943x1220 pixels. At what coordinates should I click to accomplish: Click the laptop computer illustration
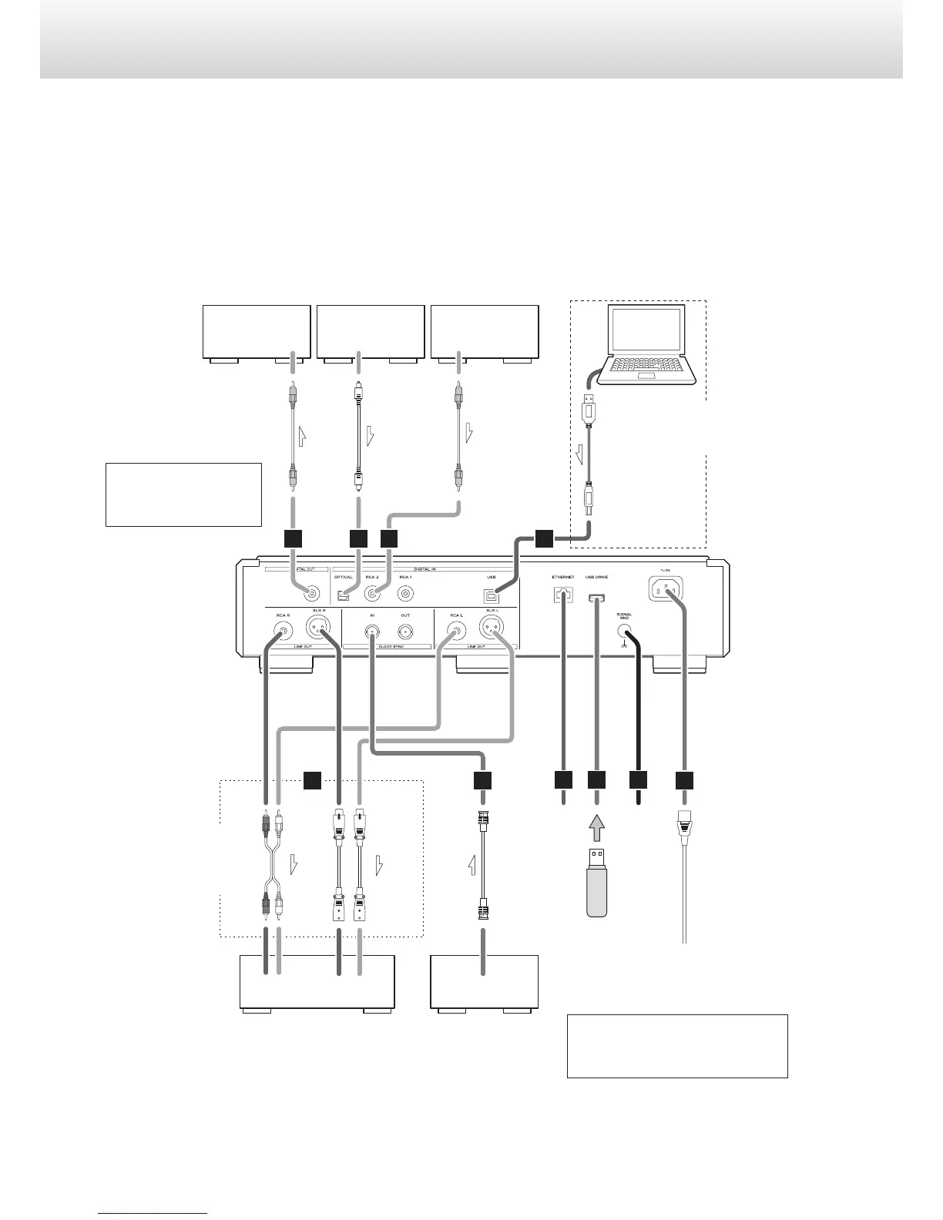point(651,344)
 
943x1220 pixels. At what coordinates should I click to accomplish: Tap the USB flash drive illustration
point(597,882)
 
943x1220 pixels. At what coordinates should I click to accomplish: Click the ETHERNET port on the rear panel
point(563,595)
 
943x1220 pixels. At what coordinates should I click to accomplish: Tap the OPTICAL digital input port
point(344,595)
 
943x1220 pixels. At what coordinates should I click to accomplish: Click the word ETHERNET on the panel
point(563,576)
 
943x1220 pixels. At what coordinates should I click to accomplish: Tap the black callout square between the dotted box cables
point(312,780)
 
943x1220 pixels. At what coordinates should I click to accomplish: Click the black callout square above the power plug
point(684,780)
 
